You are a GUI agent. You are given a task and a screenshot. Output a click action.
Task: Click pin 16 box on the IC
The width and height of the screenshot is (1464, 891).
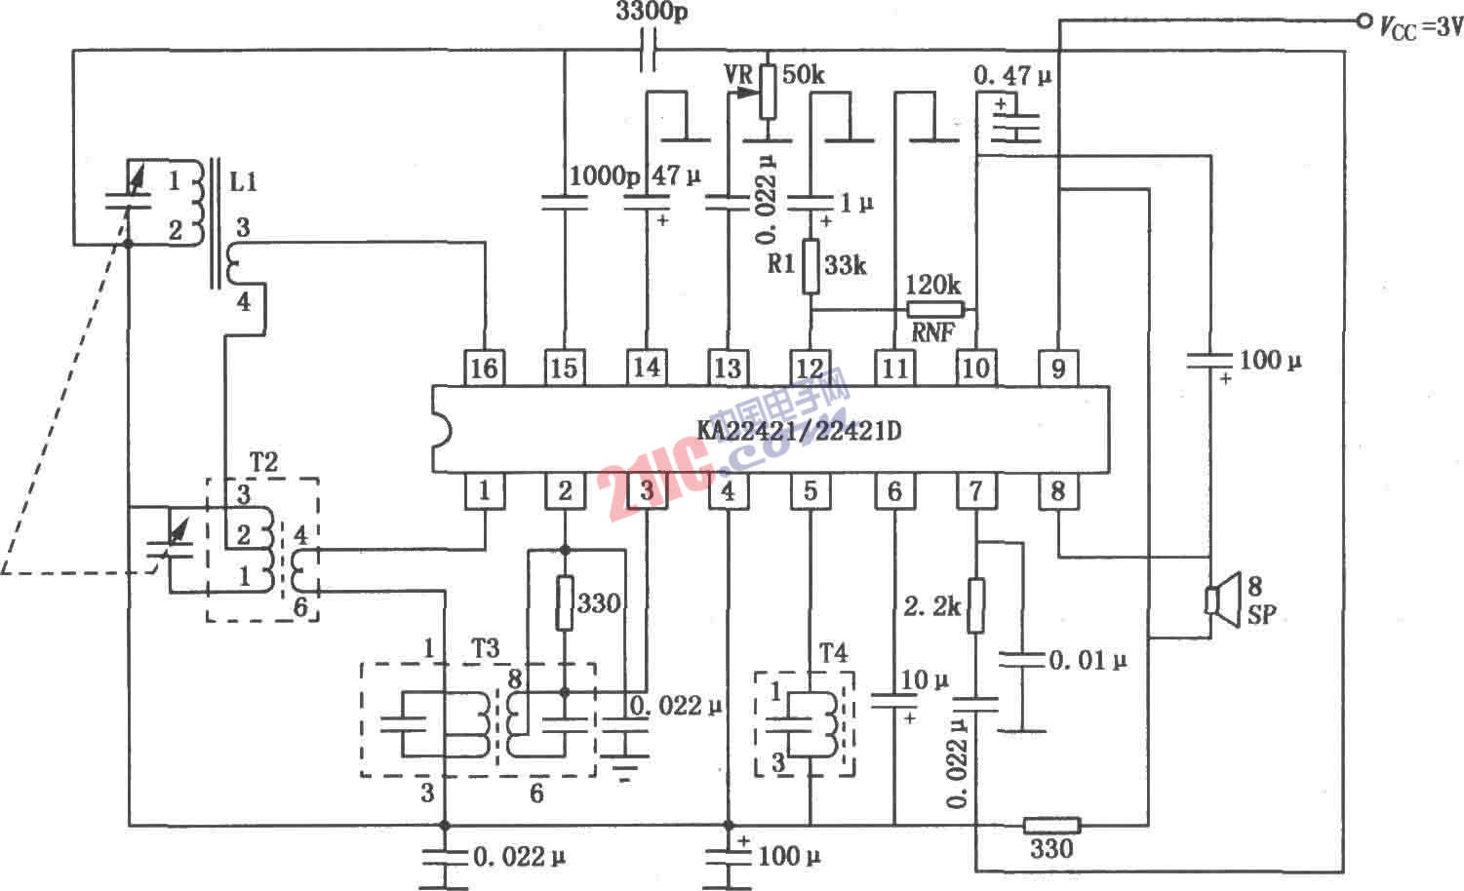(x=484, y=368)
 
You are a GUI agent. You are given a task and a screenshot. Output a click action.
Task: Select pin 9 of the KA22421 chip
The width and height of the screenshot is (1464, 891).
(x=1058, y=368)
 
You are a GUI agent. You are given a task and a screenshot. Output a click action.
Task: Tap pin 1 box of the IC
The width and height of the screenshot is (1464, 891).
(x=484, y=491)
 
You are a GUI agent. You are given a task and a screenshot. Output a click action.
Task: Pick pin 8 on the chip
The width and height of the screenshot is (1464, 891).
(x=1058, y=491)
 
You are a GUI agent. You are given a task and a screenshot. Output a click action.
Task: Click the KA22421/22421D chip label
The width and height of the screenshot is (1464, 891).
(x=799, y=430)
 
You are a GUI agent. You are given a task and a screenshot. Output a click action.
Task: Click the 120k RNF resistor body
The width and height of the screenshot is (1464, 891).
(x=934, y=310)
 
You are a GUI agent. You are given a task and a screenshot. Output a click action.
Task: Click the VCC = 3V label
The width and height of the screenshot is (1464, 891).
(x=1420, y=27)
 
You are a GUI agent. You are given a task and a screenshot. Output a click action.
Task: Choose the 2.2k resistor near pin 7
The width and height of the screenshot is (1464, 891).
(x=975, y=605)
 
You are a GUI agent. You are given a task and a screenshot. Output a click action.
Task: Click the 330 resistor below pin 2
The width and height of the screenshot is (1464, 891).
(x=566, y=602)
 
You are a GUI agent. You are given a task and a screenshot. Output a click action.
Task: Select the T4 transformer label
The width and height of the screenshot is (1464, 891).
(x=831, y=653)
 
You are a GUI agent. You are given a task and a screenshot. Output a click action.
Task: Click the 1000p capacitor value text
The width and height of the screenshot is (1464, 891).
(x=605, y=175)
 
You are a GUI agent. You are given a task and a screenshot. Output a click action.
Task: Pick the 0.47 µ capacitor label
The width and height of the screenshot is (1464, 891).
(x=1012, y=75)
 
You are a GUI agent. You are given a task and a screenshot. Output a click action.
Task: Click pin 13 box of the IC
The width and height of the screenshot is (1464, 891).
(x=728, y=368)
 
